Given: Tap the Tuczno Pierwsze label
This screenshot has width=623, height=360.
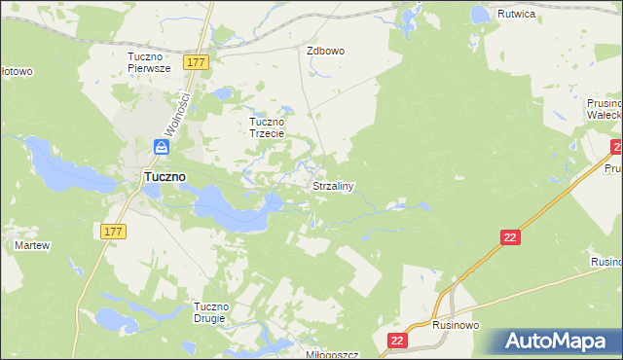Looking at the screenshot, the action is click(149, 62).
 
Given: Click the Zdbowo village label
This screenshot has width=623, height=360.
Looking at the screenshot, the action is click(326, 51).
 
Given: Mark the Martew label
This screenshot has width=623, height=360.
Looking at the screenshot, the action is click(31, 245).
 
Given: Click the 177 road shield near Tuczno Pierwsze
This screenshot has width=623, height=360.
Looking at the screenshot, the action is click(198, 62).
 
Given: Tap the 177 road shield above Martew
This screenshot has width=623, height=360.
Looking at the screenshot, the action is click(112, 230).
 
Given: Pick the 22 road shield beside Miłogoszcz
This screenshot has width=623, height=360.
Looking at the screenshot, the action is click(397, 340).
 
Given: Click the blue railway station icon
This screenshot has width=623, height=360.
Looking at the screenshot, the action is click(162, 148).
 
